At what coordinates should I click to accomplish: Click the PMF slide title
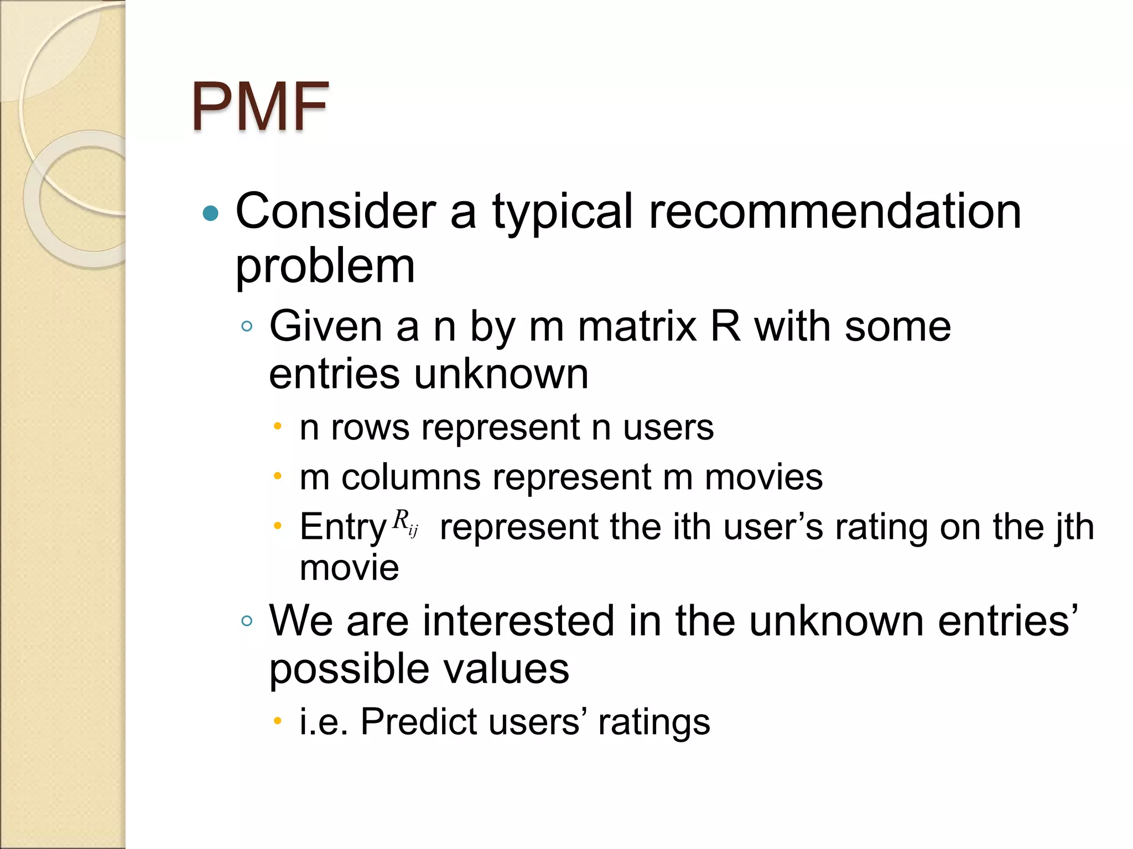pos(260,106)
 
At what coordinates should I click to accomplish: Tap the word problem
pos(325,267)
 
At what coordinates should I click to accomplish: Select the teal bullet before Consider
pos(211,213)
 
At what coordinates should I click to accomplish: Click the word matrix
pos(637,327)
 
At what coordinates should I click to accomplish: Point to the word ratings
pos(653,722)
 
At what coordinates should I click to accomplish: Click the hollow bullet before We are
pos(247,621)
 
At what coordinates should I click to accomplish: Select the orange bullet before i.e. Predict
pos(278,720)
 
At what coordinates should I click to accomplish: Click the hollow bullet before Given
pos(247,326)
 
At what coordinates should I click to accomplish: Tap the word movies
pos(763,477)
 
